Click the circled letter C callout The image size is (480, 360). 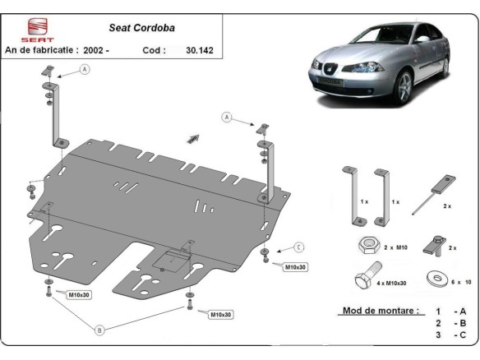(299, 247)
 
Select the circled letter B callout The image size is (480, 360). (99, 330)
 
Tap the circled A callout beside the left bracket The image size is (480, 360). (85, 71)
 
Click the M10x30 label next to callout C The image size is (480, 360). (295, 267)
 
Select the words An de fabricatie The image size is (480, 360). (40, 49)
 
